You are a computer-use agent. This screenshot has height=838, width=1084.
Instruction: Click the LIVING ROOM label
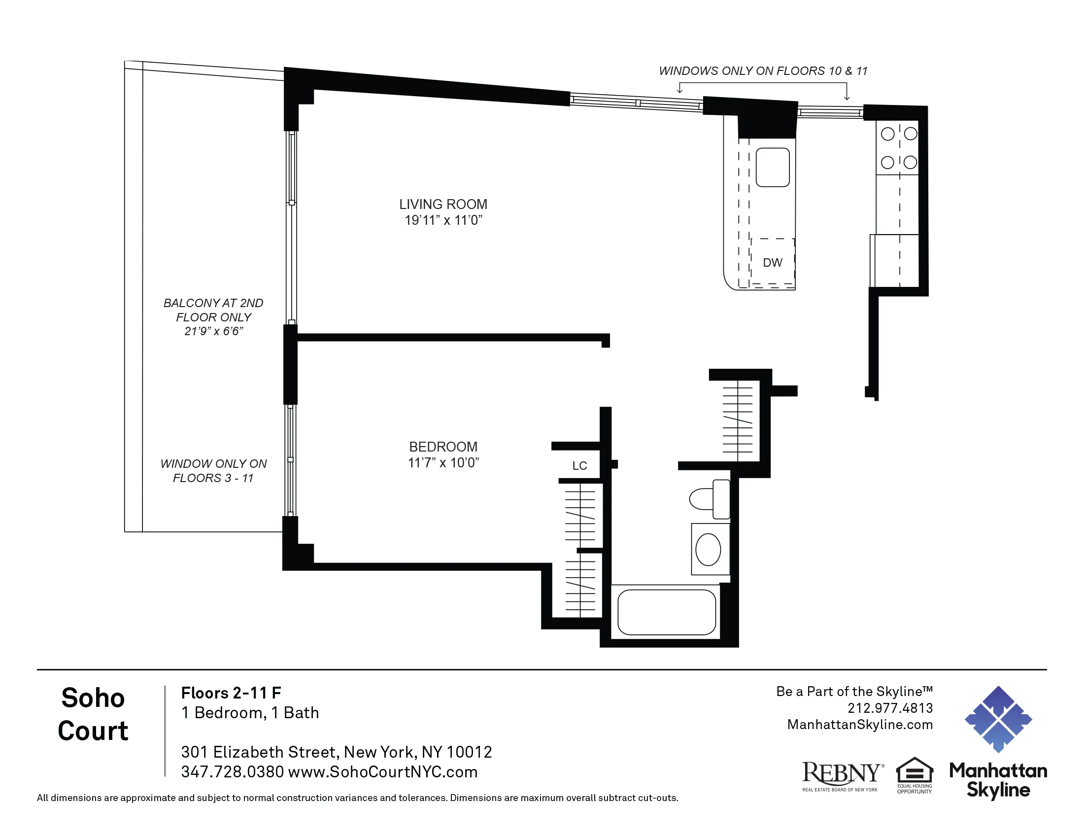pyautogui.click(x=443, y=204)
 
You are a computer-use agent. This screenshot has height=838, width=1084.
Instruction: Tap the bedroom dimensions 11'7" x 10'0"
pyautogui.click(x=443, y=463)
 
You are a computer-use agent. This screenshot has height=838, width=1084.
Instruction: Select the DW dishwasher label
pyautogui.click(x=772, y=263)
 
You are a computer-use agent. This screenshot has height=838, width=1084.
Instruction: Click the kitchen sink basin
pyautogui.click(x=772, y=167)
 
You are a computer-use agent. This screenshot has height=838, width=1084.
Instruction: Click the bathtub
pyautogui.click(x=666, y=612)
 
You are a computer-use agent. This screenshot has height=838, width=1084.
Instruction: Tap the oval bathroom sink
pyautogui.click(x=708, y=550)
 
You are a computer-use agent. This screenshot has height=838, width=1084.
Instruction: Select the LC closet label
pyautogui.click(x=579, y=466)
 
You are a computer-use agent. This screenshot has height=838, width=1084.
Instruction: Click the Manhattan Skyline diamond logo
pyautogui.click(x=998, y=719)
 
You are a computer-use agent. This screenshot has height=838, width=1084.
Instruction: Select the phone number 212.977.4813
pyautogui.click(x=890, y=708)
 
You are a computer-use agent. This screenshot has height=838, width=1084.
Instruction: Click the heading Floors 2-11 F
pyautogui.click(x=231, y=693)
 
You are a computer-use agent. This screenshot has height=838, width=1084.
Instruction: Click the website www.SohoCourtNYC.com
pyautogui.click(x=382, y=772)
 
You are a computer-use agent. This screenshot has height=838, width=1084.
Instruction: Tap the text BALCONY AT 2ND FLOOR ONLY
pyautogui.click(x=213, y=310)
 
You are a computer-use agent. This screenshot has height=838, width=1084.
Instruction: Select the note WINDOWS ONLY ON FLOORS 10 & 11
pyautogui.click(x=763, y=71)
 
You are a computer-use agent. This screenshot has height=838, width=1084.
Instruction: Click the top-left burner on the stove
pyautogui.click(x=887, y=134)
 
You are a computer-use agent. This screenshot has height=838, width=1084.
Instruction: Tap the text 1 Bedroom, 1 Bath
pyautogui.click(x=250, y=713)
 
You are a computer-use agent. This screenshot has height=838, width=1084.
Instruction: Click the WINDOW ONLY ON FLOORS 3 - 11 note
pyautogui.click(x=213, y=471)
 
